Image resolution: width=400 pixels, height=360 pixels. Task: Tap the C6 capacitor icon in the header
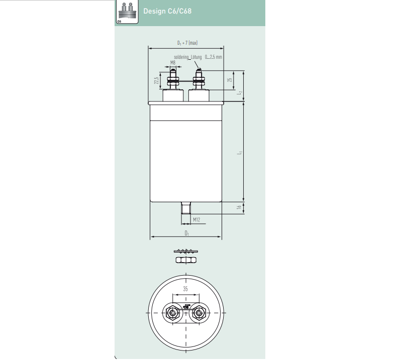pos(128,11)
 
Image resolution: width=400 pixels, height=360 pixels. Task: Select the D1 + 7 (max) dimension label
pos(186,43)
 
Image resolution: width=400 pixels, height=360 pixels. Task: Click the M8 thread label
pos(173,63)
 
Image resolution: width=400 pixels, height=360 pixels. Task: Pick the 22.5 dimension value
pos(157,80)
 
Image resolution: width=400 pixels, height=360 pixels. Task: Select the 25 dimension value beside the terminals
pos(229,80)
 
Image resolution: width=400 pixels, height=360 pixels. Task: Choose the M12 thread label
pos(197,220)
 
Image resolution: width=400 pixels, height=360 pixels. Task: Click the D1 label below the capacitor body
pos(186,233)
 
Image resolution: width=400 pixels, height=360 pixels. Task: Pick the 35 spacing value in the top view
pos(185,289)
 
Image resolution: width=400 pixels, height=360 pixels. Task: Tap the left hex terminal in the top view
pos(173,313)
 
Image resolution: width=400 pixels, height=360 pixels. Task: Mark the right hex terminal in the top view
pos(200,313)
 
